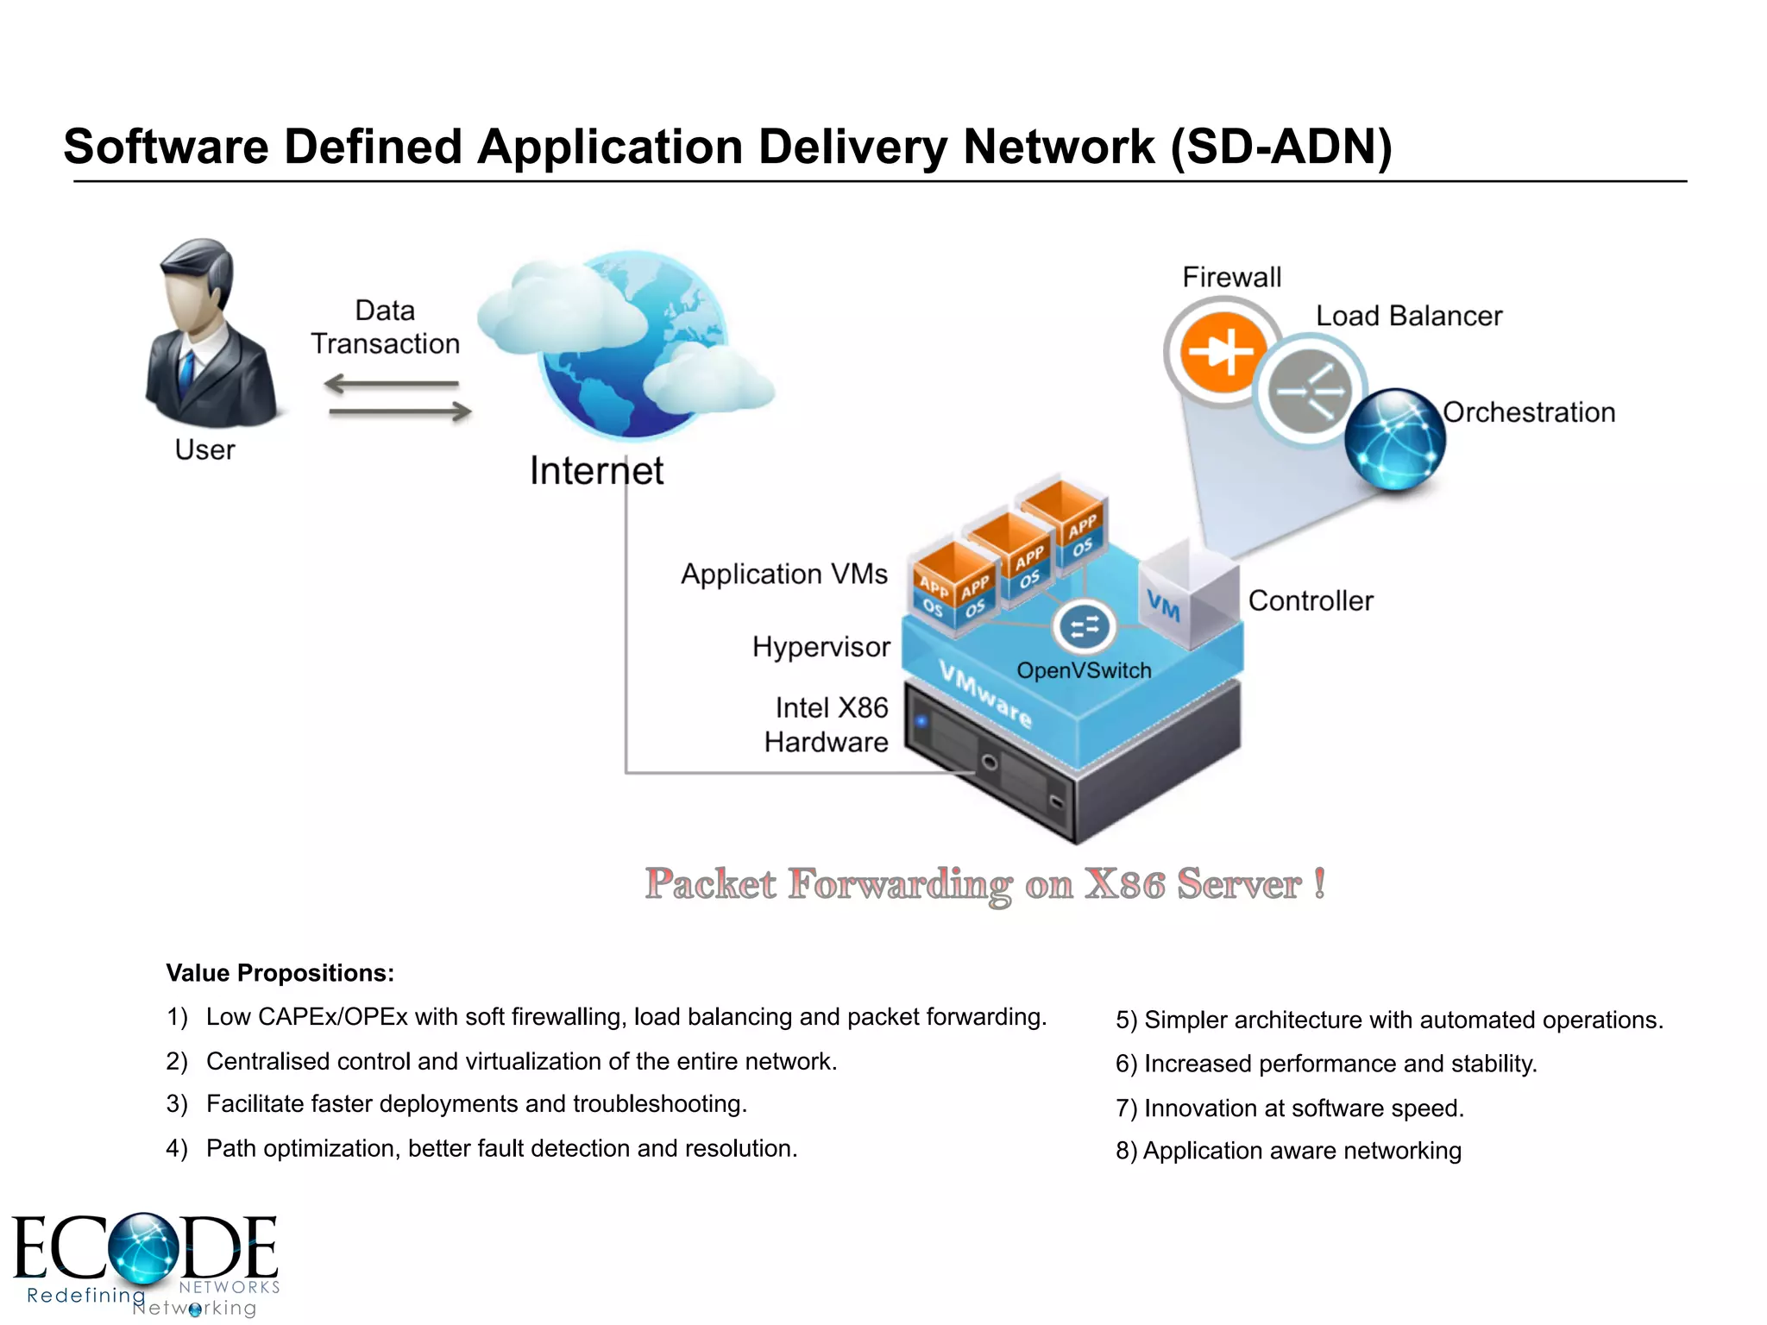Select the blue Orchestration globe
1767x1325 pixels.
1394,439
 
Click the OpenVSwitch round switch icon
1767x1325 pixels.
1084,627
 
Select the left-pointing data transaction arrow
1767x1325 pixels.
392,384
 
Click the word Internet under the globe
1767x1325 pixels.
596,471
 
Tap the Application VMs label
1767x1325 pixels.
783,575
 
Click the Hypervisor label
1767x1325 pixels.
821,647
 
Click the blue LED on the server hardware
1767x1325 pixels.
921,720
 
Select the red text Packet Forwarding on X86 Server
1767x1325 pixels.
984,884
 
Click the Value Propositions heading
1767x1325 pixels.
280,973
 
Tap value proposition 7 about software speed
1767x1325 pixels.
1290,1108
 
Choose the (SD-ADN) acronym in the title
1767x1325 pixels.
1281,147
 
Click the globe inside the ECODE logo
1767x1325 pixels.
143,1247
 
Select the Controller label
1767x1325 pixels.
1310,601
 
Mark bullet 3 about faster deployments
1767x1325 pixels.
476,1104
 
